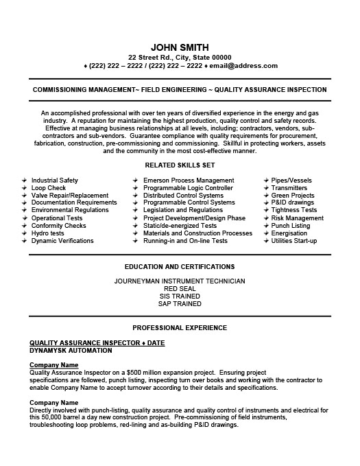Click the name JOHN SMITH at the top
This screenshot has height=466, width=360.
click(x=180, y=46)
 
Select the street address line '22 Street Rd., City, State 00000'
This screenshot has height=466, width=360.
click(x=180, y=57)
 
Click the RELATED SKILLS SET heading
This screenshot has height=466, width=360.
click(x=180, y=165)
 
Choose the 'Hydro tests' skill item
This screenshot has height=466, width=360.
click(x=47, y=233)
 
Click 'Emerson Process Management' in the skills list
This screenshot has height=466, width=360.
click(x=189, y=180)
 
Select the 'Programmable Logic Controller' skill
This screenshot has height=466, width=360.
click(x=188, y=188)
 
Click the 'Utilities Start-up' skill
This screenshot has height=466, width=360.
click(x=294, y=241)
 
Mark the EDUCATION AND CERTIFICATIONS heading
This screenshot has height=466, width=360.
click(x=180, y=266)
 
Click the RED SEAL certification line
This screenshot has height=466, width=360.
click(x=180, y=288)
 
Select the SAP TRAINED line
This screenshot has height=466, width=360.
click(x=180, y=303)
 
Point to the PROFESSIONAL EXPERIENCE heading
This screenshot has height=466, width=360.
click(x=180, y=328)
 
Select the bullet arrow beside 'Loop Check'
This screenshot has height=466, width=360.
click(x=24, y=188)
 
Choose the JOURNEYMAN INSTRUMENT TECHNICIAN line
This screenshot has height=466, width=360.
click(x=180, y=281)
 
